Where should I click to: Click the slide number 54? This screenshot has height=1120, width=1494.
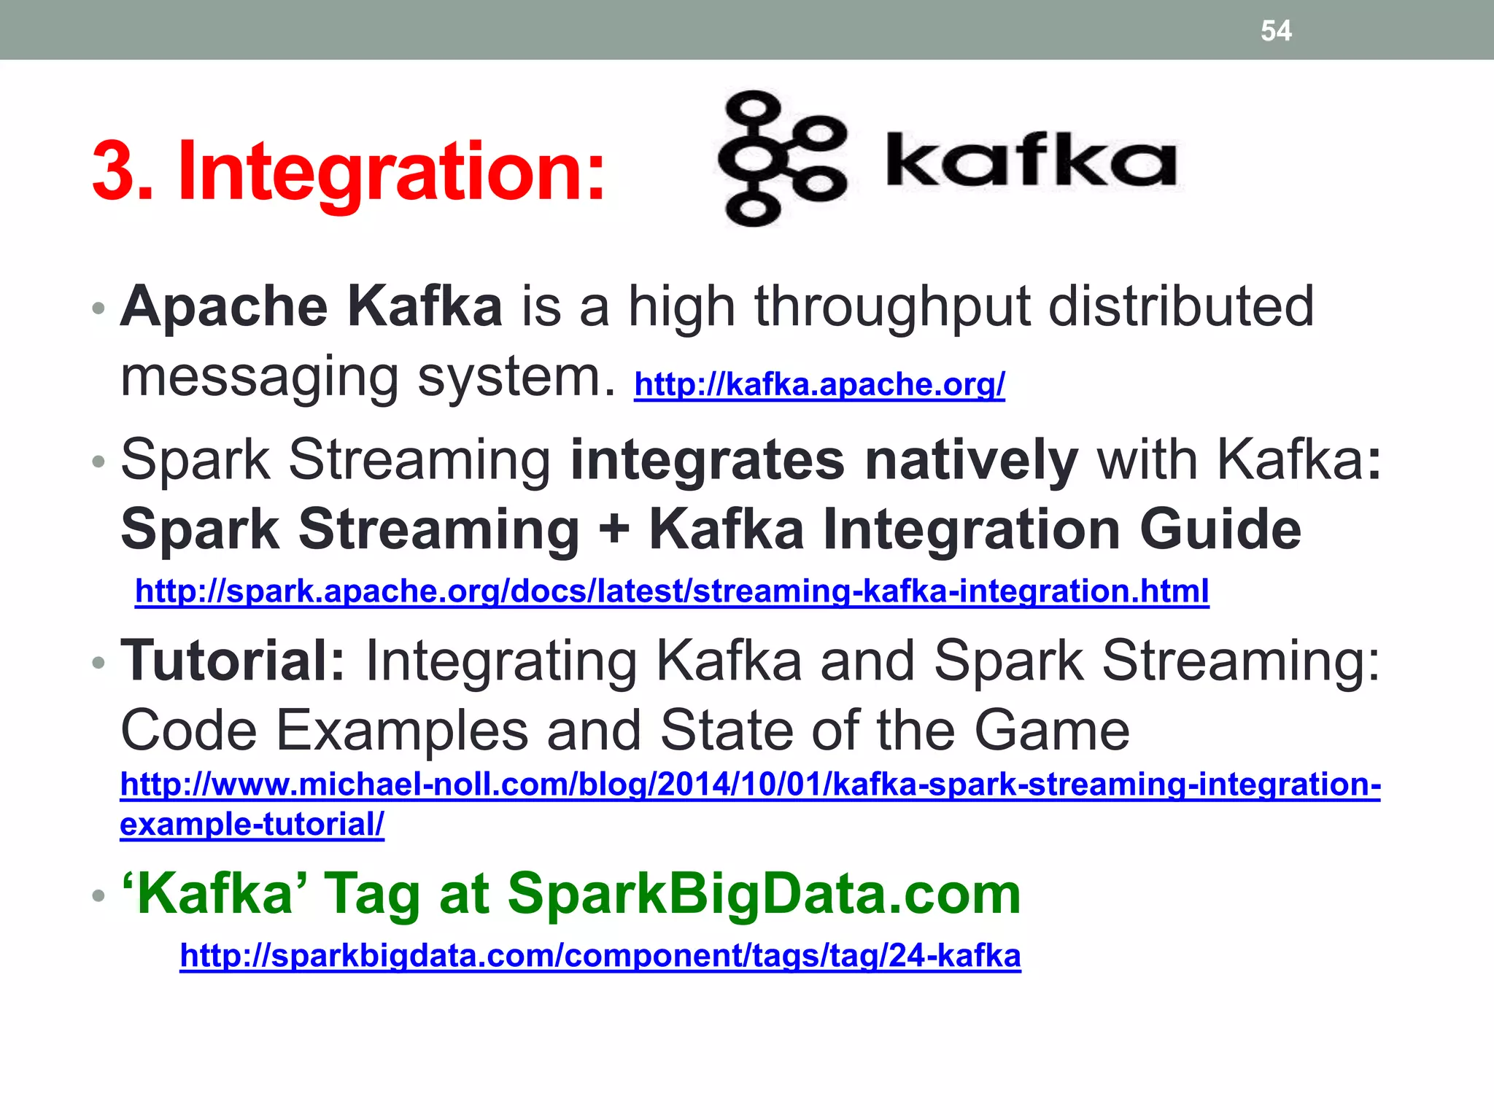pos(1276,31)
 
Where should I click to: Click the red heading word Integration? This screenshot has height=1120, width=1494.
pos(392,171)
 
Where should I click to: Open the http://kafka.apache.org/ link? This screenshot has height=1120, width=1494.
pos(819,384)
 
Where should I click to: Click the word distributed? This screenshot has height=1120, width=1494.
pos(1181,306)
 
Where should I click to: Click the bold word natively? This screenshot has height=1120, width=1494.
pos(970,460)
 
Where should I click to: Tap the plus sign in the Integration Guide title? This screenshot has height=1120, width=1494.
pos(614,529)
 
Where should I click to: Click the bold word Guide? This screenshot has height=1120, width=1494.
pos(1220,529)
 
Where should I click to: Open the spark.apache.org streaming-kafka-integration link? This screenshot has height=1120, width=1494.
pos(672,591)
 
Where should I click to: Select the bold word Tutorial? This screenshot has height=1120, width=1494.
pos(233,661)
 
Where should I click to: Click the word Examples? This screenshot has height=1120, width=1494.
pos(402,730)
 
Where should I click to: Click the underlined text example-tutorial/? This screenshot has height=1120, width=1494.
pos(252,825)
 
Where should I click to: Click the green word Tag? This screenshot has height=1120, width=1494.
pos(371,895)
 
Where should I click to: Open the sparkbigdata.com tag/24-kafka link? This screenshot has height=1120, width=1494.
pos(600,955)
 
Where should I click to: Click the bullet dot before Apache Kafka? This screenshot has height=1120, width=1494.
pos(98,309)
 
